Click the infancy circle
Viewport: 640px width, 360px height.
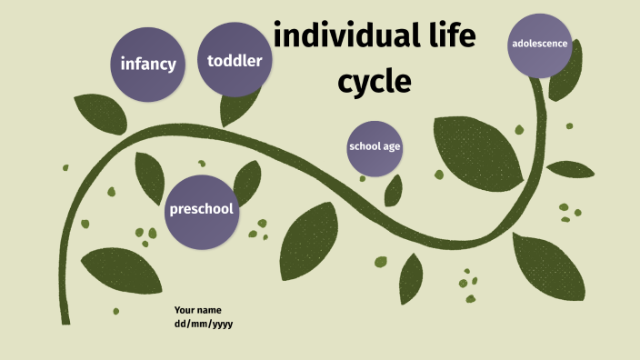point(147,64)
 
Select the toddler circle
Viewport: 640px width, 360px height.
point(235,61)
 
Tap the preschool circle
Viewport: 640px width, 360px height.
point(201,210)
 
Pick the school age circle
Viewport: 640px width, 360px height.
point(375,147)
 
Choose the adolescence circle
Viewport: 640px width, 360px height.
point(540,44)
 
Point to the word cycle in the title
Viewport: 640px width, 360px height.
point(375,82)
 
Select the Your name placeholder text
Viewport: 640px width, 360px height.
point(197,310)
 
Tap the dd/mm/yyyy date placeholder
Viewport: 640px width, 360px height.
point(204,324)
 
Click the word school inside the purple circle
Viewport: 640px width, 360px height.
point(364,147)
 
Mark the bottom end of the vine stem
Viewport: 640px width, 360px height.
point(65,320)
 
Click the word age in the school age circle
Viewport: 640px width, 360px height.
point(391,147)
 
